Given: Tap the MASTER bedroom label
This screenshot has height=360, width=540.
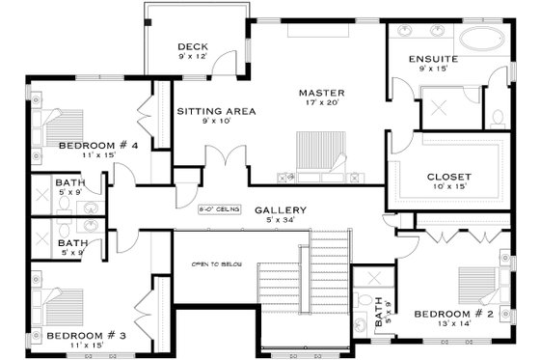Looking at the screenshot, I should click(x=321, y=93).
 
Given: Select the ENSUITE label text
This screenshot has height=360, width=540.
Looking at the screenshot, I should click(x=432, y=59).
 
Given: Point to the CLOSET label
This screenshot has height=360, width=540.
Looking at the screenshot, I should click(x=448, y=177).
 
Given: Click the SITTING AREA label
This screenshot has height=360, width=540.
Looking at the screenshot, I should click(x=216, y=111).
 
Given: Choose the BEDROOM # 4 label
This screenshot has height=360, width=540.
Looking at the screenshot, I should click(x=99, y=146).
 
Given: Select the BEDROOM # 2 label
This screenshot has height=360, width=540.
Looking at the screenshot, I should click(x=454, y=314).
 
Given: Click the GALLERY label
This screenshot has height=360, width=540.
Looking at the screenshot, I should click(x=281, y=210).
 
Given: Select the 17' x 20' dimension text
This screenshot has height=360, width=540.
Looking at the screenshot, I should click(x=321, y=103).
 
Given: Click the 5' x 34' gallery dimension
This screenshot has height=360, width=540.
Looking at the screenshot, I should click(x=282, y=221).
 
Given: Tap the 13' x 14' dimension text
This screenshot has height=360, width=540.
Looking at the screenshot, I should click(x=454, y=324).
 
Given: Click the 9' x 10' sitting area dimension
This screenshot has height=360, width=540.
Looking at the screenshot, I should click(x=216, y=122).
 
